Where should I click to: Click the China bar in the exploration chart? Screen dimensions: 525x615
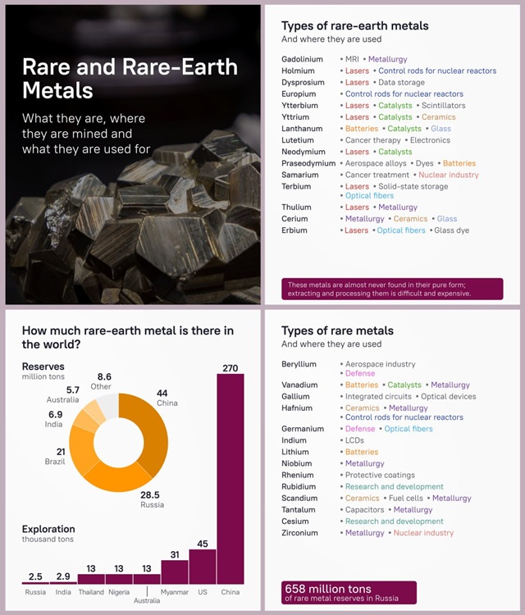(231, 479)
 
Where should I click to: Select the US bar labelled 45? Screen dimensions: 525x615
(203, 567)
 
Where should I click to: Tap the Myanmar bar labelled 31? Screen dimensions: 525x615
(175, 572)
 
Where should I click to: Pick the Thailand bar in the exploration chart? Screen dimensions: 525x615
(91, 579)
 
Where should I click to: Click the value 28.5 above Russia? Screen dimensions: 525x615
(150, 494)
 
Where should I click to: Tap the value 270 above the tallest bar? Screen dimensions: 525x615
(231, 368)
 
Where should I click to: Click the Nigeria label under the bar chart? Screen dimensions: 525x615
(119, 592)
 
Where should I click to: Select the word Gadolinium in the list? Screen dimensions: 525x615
(302, 59)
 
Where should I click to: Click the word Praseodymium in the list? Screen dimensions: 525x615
(308, 163)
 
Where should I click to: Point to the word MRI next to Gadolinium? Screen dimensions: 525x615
(352, 59)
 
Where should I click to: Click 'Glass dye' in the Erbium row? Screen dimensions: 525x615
(452, 230)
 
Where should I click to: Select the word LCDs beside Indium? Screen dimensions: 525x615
(354, 440)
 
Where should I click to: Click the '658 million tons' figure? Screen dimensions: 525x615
(328, 589)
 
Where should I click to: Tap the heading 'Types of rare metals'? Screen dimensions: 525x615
(337, 330)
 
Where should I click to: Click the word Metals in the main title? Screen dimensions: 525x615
(57, 90)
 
